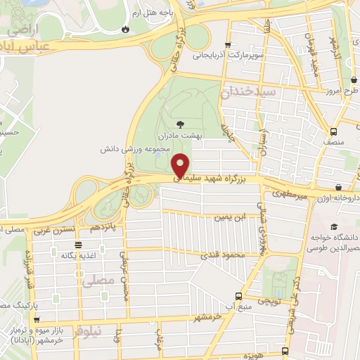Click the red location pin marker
(181, 165)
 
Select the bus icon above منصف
(333, 131)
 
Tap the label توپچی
(270, 300)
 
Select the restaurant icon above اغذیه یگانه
(78, 245)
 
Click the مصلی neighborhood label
(98, 282)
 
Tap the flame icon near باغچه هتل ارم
(126, 30)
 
